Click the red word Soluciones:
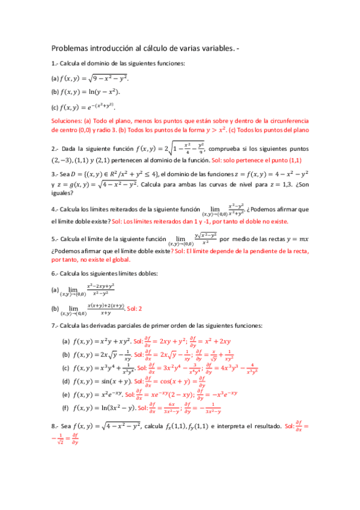[x=68, y=120]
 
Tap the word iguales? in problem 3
[x=63, y=193]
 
